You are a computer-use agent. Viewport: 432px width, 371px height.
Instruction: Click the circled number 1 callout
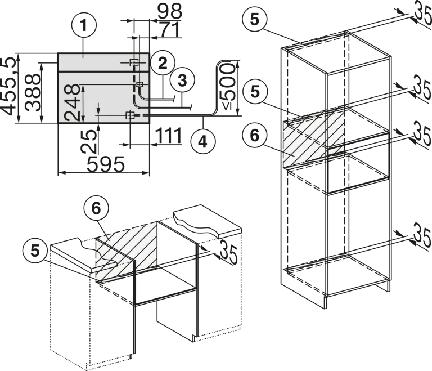[x=84, y=25]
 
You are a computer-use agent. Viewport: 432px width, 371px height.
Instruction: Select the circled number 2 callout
[x=163, y=63]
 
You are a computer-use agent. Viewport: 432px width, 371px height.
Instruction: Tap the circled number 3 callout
[x=182, y=81]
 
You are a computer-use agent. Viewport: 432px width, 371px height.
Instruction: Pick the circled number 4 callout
[x=203, y=142]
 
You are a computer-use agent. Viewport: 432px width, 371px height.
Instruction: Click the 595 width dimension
[x=106, y=164]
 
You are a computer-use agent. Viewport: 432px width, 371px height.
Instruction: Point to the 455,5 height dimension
[x=8, y=86]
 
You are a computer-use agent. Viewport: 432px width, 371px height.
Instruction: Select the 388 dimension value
[x=32, y=92]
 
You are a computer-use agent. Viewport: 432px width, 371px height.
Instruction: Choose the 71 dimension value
[x=170, y=29]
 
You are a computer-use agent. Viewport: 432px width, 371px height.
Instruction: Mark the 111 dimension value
[x=169, y=136]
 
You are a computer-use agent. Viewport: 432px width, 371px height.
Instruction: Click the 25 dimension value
[x=89, y=142]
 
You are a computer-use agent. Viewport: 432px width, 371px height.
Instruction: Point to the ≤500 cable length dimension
[x=228, y=86]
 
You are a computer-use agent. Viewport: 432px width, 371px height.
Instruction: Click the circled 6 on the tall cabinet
[x=255, y=136]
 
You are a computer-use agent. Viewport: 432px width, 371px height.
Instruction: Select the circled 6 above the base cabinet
[x=96, y=208]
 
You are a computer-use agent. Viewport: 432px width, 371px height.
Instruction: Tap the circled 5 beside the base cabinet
[x=35, y=251]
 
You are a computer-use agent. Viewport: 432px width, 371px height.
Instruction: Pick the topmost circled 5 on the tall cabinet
[x=255, y=20]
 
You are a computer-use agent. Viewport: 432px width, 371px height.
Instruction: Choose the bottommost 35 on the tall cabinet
[x=422, y=236]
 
